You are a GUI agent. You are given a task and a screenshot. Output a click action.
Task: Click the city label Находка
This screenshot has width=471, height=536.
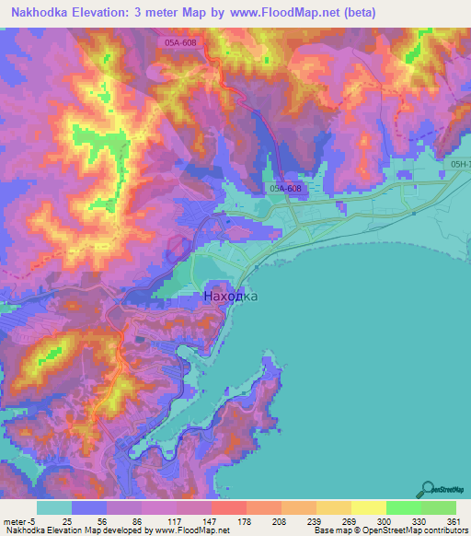[x=229, y=297]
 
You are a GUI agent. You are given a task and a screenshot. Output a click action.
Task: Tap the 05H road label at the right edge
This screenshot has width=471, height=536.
[x=460, y=165]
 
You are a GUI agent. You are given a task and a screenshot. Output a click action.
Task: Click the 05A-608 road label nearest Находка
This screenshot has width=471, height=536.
[x=286, y=188]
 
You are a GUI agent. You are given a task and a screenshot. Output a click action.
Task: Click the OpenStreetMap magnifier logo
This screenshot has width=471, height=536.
[x=427, y=488]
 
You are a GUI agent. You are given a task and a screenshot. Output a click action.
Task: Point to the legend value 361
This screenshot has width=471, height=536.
[x=440, y=520]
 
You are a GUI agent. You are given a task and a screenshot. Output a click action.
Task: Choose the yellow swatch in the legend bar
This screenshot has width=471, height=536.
[x=369, y=507]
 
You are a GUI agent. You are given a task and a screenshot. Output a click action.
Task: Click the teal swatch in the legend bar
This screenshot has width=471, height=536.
[x=54, y=507]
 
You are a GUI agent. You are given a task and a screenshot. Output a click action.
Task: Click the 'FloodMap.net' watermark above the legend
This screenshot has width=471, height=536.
[x=39, y=492]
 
